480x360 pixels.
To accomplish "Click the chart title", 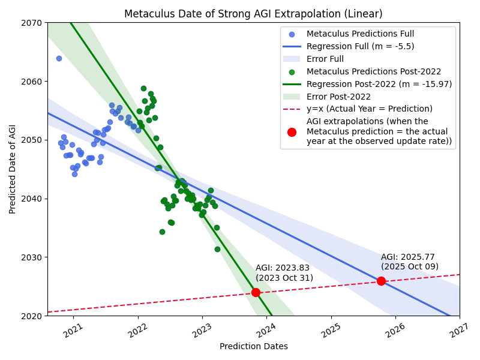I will coord(253,14).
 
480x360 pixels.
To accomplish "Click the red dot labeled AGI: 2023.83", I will coord(256,292).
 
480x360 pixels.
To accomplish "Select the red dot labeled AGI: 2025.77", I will coord(381,281).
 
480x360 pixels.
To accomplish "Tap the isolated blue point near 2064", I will coord(59,58).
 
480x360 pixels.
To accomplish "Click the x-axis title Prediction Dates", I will coord(253,346).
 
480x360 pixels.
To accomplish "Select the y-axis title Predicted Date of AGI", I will coord(13,169).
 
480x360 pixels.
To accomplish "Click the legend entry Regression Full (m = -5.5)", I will coord(360,46).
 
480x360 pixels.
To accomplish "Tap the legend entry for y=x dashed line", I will coord(369,109).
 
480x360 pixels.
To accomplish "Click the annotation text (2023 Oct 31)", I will coord(284,278).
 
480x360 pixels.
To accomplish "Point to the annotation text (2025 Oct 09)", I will coord(410,266).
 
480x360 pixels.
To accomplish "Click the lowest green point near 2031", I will coord(217,249).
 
